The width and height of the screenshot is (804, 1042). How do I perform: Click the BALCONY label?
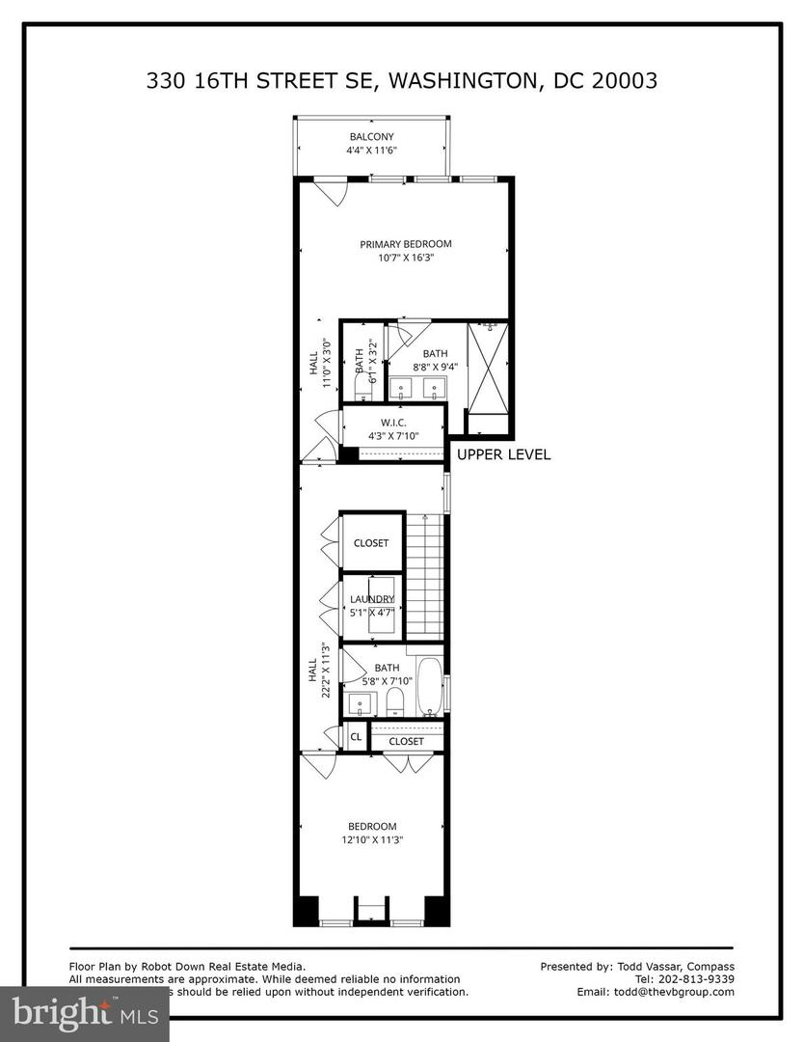(371, 137)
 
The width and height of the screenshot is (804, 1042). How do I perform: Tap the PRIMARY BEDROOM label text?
(406, 244)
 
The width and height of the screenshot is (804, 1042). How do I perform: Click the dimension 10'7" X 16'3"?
(406, 258)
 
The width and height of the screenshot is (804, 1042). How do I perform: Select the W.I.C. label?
(392, 422)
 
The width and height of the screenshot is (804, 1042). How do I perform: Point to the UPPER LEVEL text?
(503, 454)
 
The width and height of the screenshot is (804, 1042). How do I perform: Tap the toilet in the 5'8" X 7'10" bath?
(393, 705)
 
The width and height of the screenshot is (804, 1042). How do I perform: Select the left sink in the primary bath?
(402, 390)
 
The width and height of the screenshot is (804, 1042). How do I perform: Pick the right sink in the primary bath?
(436, 390)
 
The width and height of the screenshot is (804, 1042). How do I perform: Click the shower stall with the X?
(487, 367)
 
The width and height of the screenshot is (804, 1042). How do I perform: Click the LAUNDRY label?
(371, 599)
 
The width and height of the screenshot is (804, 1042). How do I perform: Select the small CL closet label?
(356, 737)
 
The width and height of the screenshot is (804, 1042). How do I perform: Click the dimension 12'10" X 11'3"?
(372, 839)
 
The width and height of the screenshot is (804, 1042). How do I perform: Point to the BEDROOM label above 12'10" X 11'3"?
(372, 826)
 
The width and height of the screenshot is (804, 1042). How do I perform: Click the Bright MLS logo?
(84, 1012)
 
